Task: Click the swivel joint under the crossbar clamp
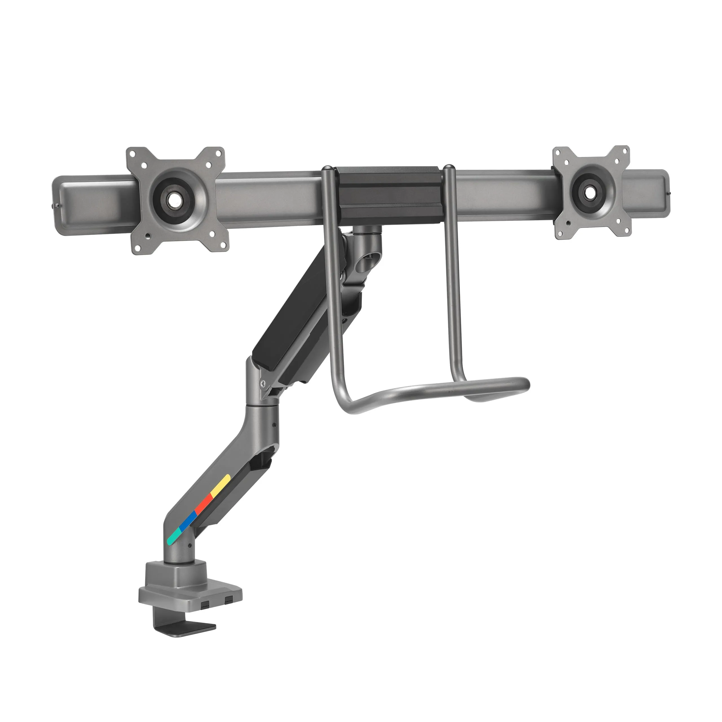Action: pos(368,239)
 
